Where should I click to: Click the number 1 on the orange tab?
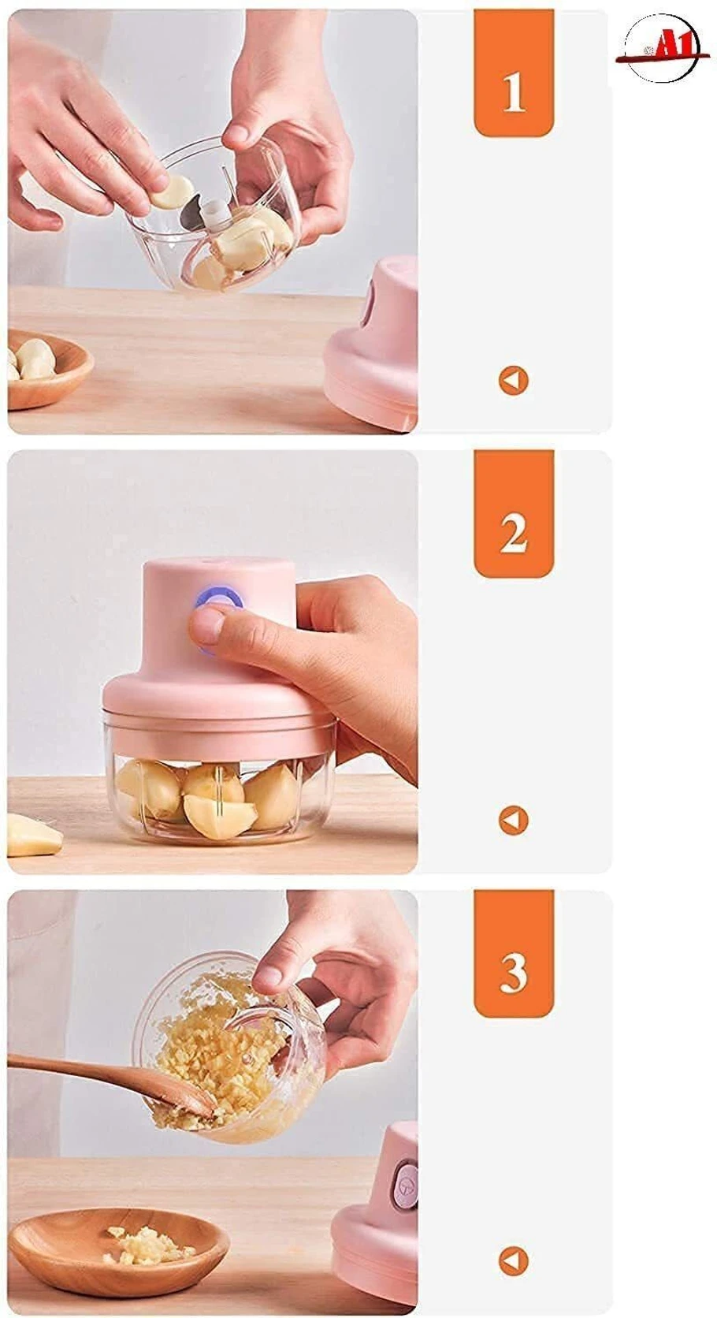[513, 92]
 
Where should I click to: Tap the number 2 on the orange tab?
[513, 533]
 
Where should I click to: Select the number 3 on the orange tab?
[513, 973]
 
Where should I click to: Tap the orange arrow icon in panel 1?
[513, 381]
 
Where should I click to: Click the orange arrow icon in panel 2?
[513, 821]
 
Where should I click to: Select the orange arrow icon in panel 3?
[513, 1260]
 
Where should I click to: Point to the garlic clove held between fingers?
[173, 192]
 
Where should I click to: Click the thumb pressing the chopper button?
[213, 627]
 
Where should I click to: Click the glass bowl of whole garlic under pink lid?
[221, 796]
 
